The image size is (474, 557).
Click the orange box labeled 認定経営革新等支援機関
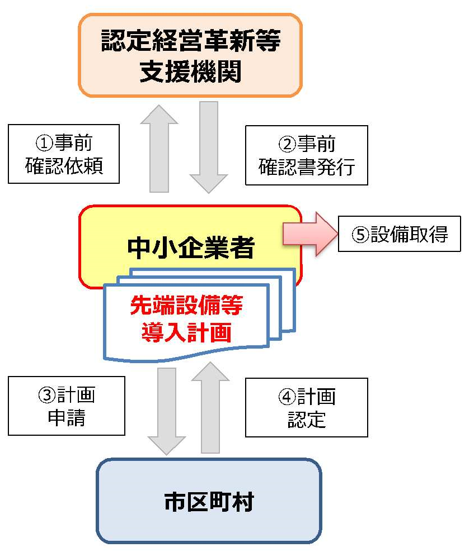[190, 55]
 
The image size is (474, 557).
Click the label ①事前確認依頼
[64, 154]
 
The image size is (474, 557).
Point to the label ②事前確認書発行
[306, 155]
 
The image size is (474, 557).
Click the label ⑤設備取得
[399, 234]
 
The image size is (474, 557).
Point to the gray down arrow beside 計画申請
[166, 411]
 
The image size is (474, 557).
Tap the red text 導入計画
[186, 332]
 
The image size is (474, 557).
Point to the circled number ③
[47, 396]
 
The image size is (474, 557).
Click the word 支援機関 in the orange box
[190, 72]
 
